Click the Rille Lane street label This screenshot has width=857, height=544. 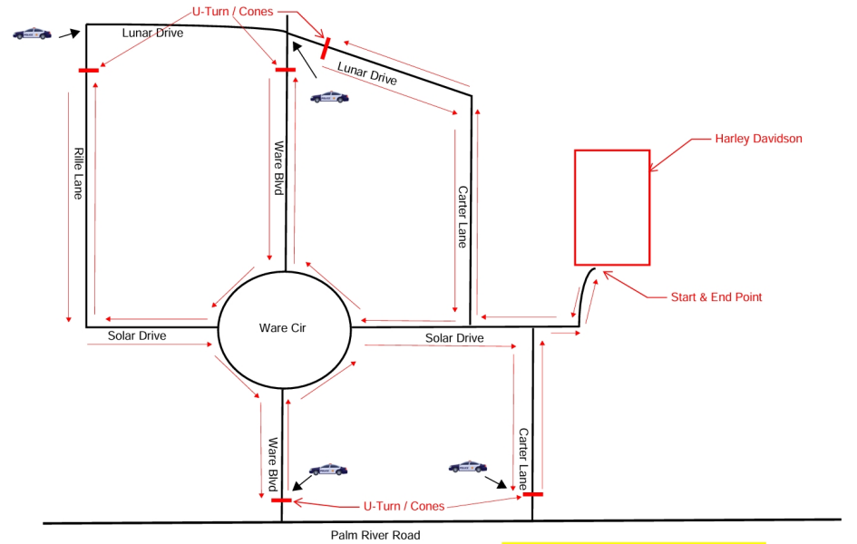(79, 174)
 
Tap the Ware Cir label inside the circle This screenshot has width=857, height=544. (283, 327)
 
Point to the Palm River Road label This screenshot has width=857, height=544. (375, 535)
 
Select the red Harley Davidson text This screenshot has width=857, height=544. (759, 139)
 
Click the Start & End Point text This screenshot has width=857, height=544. (716, 297)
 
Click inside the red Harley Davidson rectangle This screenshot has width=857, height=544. (612, 208)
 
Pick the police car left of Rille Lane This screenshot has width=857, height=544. (33, 34)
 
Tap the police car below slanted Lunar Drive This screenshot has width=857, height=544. (329, 97)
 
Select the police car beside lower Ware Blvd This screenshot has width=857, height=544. (328, 469)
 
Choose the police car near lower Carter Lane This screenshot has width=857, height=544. (468, 466)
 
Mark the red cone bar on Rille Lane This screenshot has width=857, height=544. (89, 70)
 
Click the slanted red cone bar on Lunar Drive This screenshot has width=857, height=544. (326, 48)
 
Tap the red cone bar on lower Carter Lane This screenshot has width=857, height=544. (533, 494)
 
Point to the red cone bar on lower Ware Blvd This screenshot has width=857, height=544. (281, 500)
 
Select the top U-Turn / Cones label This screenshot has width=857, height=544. (233, 12)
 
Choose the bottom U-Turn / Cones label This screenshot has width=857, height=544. (404, 506)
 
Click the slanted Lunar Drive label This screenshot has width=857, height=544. (367, 73)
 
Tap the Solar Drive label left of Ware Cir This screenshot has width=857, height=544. (137, 335)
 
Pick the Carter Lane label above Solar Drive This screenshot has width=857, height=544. (463, 218)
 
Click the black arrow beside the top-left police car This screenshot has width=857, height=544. (70, 34)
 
